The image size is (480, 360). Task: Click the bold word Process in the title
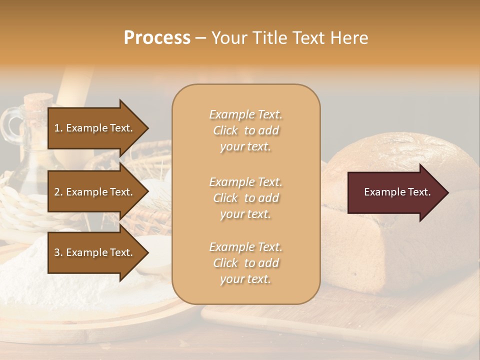tap(157, 38)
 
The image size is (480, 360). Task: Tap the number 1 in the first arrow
tap(57, 128)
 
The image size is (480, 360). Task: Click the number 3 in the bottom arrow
tap(57, 252)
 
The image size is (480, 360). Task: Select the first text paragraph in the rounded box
tap(245, 130)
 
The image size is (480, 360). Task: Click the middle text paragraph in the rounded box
tap(245, 198)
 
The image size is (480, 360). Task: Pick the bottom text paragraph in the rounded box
tap(245, 263)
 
